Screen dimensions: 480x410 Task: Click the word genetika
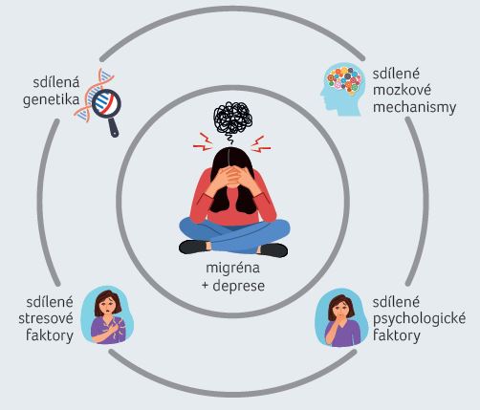coord(51,100)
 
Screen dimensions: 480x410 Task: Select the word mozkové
coord(402,90)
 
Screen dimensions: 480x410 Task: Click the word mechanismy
coord(414,107)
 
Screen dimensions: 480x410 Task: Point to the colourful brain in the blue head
coord(343,79)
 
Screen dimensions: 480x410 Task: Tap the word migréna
coord(232,268)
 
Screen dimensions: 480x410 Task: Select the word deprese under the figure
coord(238,286)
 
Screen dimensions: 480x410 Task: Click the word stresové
coord(46,318)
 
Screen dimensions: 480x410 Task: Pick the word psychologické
coord(419,319)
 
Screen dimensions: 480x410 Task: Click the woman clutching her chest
coord(108,316)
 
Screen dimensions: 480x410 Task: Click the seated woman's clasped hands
coord(232,176)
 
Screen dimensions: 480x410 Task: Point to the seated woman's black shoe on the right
coord(273,249)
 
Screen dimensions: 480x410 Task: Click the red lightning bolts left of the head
coord(204,141)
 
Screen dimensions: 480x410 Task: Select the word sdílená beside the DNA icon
coord(55,82)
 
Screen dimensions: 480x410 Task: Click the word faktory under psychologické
coord(397,335)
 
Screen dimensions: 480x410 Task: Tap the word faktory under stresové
coord(50,335)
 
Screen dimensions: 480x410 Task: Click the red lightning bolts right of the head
coord(261,144)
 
